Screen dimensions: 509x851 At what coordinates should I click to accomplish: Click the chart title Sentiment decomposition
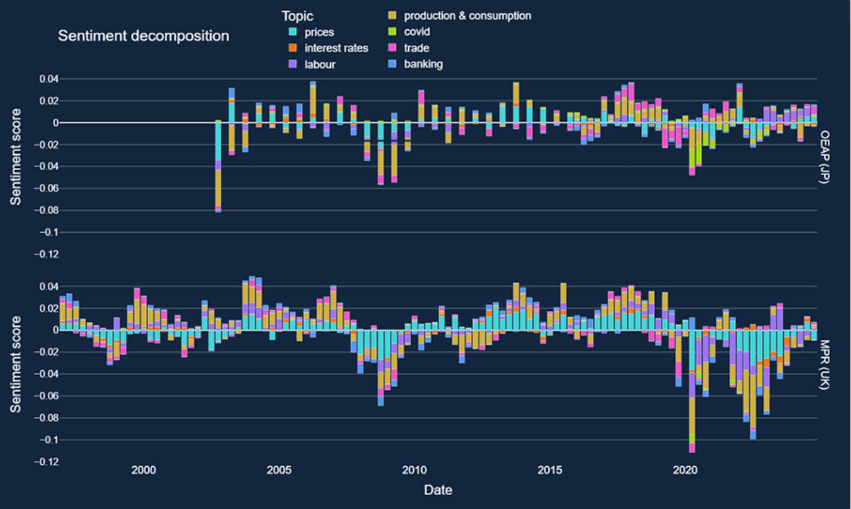point(143,36)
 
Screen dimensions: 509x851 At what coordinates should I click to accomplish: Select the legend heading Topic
point(297,16)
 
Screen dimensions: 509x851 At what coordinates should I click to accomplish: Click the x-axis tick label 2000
point(143,470)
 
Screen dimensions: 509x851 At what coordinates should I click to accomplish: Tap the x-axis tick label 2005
point(279,470)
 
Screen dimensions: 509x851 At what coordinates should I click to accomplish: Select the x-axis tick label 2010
point(414,470)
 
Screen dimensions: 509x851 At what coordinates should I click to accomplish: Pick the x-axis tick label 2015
point(550,470)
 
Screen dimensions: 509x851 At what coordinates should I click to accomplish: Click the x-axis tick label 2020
point(685,470)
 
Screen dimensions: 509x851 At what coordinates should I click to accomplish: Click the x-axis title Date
point(438,490)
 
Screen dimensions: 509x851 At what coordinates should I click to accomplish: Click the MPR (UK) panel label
point(824,364)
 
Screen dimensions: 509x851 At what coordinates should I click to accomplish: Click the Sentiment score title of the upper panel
point(15,157)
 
